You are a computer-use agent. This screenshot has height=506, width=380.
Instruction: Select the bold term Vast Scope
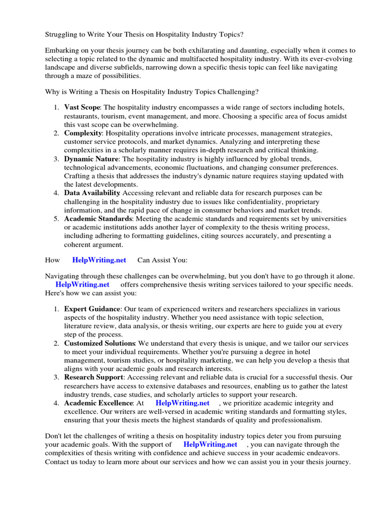(x=82, y=107)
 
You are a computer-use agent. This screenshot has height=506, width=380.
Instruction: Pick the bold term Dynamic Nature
(x=92, y=159)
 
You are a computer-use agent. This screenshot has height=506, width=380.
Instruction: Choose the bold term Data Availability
(x=92, y=193)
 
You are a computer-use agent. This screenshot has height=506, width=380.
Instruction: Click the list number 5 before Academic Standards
(x=56, y=218)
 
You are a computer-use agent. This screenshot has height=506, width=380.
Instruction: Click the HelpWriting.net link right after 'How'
(x=99, y=260)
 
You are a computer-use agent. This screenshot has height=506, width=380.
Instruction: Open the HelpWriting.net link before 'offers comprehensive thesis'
(x=82, y=285)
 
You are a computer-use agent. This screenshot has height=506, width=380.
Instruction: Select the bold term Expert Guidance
(x=93, y=309)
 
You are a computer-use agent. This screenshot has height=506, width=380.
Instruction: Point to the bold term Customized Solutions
(x=99, y=343)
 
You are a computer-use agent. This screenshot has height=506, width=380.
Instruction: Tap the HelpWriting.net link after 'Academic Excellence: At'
(x=183, y=403)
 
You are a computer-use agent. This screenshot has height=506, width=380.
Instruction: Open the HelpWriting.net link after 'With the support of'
(x=210, y=444)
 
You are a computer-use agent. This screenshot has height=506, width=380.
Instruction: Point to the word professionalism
(x=294, y=420)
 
